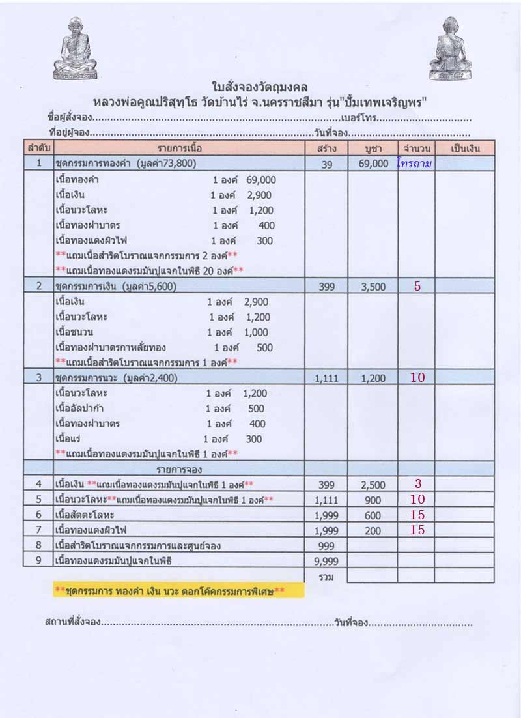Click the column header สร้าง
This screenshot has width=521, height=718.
327,148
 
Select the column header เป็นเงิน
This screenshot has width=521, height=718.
465,148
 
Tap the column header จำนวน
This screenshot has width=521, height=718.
417,148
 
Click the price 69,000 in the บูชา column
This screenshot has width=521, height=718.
373,164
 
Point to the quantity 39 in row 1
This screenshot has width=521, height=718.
327,165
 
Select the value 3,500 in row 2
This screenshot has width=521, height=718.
373,287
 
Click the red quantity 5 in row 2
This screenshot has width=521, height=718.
417,286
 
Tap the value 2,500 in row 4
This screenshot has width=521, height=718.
373,485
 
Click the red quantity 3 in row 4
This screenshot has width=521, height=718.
417,483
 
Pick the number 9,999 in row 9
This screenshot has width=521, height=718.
327,560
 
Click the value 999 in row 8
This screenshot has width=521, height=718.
327,545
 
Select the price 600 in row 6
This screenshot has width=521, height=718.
373,515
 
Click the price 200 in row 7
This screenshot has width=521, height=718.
373,530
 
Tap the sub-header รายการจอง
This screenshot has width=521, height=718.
178,469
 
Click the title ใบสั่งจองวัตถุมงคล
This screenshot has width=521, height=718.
260,86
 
